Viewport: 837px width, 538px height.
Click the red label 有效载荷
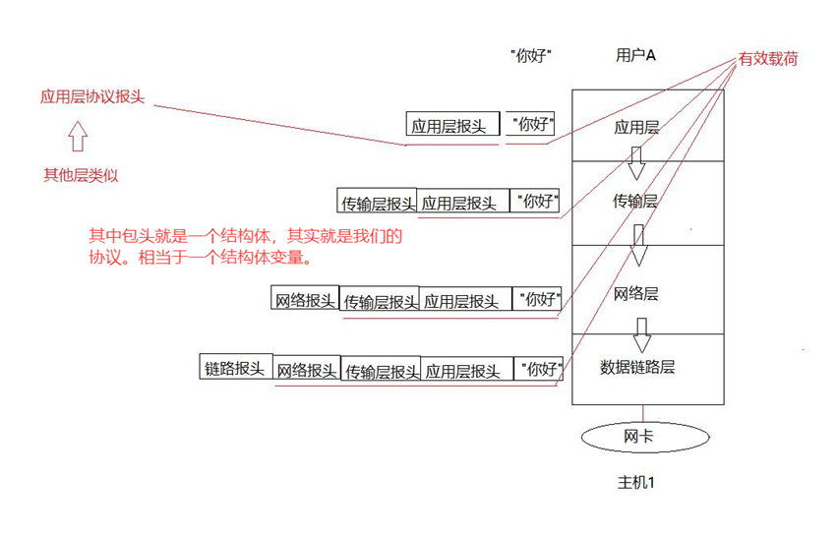(x=769, y=59)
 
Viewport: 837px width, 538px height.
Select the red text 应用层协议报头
(x=92, y=97)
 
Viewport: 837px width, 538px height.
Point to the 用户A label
(x=635, y=55)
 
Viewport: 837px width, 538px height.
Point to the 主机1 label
(x=636, y=483)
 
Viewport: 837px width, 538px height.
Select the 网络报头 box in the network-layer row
(x=305, y=299)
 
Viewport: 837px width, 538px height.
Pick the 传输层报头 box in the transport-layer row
(x=377, y=203)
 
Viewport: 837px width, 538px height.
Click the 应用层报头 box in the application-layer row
(x=448, y=126)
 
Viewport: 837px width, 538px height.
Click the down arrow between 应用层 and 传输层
(x=636, y=162)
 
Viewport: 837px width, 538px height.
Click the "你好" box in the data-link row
(x=540, y=369)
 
